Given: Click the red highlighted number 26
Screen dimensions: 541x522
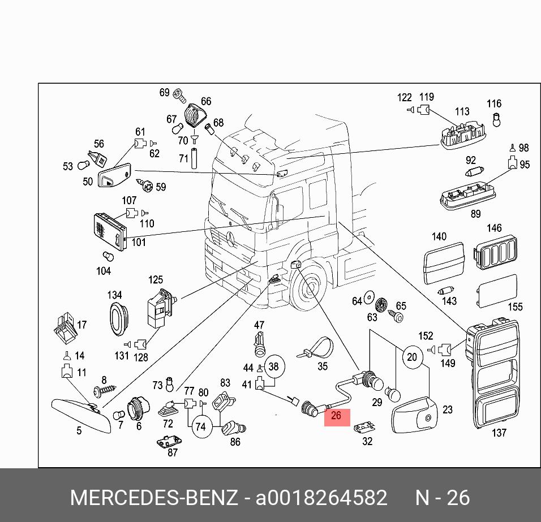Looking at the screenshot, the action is coord(336,416).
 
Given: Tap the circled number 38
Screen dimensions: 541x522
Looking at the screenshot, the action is coord(273,366).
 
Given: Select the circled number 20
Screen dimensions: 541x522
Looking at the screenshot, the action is coord(412,357).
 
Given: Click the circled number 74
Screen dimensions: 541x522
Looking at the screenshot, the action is coord(200,426).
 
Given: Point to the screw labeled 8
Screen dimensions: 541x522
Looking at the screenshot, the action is coord(106,390).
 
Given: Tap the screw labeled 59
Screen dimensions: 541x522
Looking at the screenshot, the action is coord(146,185).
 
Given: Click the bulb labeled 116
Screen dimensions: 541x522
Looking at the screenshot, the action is coord(496,120).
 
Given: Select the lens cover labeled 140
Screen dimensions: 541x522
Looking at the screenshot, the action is coord(444,263).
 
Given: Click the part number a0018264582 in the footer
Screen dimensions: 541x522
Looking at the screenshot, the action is coord(322,498).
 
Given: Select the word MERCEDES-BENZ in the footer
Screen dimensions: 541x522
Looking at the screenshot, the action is coord(153,498).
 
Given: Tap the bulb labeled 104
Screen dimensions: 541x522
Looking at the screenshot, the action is coord(107,257).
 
